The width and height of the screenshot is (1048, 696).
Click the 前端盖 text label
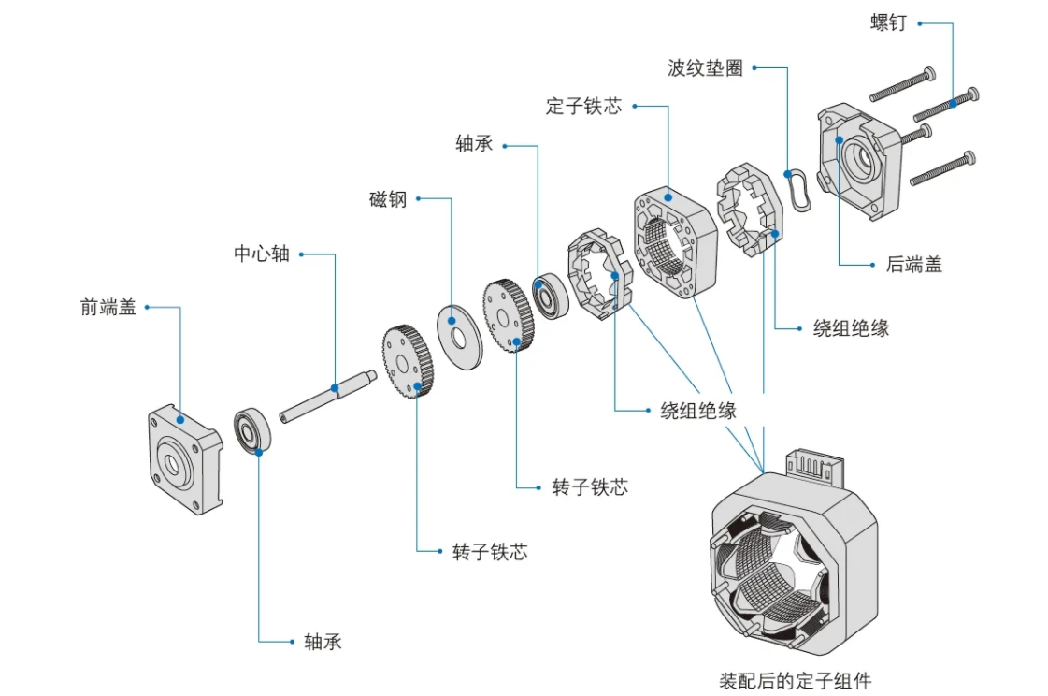tap(108, 307)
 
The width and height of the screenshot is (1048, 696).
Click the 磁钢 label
tap(388, 199)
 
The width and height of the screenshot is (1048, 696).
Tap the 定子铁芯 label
tap(583, 107)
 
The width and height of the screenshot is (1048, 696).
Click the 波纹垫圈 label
tap(705, 68)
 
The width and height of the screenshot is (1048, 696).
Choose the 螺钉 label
tap(888, 23)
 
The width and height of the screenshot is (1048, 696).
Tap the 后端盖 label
tap(913, 265)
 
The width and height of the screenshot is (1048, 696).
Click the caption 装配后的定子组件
tap(795, 680)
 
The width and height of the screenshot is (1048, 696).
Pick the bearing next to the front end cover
tap(252, 431)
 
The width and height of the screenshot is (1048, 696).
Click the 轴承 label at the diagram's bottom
tap(323, 642)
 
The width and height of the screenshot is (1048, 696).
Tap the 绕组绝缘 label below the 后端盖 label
tap(851, 328)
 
